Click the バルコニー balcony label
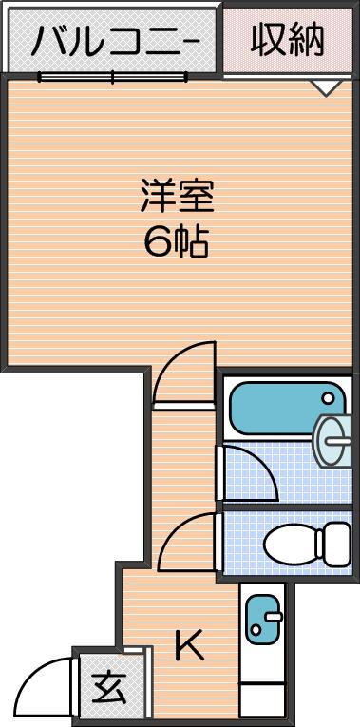[115, 41]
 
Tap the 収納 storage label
[288, 40]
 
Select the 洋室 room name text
[178, 197]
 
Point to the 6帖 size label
[177, 242]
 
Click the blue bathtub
[287, 408]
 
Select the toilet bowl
[291, 544]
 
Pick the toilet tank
[333, 544]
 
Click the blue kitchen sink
[263, 620]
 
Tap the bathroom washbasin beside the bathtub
[332, 440]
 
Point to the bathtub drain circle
[328, 398]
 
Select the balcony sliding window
[113, 77]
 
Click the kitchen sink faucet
[274, 616]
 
